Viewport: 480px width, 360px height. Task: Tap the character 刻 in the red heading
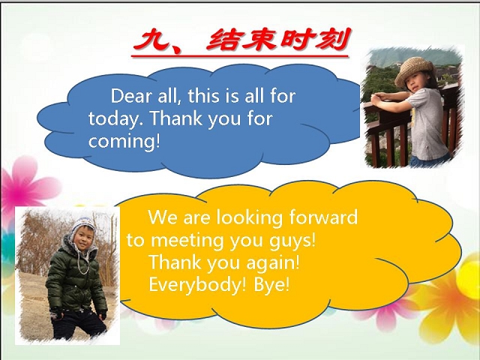[x=331, y=40]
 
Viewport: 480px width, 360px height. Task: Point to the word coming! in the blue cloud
[x=124, y=141]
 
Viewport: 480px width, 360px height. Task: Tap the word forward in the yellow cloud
[x=323, y=217]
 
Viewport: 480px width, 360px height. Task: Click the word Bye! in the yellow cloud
[x=271, y=285]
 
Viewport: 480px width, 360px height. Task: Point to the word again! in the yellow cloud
[x=273, y=263]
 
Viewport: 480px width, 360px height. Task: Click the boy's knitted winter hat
[x=82, y=226]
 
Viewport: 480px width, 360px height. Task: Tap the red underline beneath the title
[x=240, y=56]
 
